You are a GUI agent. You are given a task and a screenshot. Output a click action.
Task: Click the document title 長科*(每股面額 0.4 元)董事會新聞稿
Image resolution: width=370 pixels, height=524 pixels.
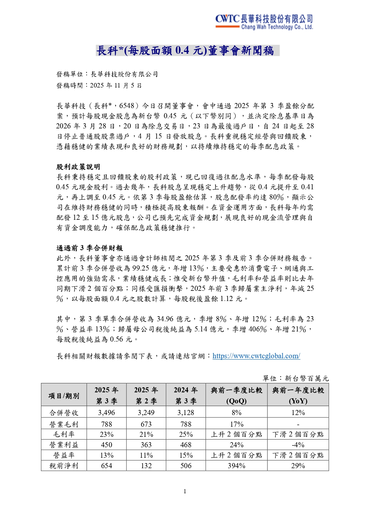[187, 50]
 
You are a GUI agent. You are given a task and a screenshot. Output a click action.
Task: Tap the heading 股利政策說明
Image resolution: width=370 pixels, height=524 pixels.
[78, 167]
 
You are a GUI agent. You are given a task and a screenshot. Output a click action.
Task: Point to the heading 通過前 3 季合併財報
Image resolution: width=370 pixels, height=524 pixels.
[90, 248]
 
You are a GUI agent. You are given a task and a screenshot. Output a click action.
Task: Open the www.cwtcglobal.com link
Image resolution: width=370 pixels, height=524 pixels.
[256, 356]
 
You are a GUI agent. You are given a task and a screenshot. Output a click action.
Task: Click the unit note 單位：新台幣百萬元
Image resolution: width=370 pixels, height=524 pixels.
[295, 379]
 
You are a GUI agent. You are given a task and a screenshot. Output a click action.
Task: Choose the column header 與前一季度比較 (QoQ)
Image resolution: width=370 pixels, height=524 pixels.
[236, 395]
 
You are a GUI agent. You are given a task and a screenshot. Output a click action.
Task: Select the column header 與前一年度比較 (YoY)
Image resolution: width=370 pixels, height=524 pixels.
[298, 395]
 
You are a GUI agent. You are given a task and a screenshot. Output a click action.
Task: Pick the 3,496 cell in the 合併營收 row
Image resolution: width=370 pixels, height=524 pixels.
[106, 413]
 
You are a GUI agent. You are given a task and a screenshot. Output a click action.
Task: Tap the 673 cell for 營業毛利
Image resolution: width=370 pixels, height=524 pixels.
[146, 424]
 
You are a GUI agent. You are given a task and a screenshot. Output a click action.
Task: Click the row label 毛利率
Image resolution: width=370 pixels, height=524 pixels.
[64, 434]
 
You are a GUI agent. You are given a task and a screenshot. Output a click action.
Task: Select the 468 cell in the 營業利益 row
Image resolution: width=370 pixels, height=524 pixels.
[186, 445]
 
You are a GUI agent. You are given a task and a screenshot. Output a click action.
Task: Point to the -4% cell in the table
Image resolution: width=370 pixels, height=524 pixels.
[298, 445]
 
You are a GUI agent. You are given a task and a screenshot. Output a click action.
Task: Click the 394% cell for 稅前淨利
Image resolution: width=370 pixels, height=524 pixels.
[236, 466]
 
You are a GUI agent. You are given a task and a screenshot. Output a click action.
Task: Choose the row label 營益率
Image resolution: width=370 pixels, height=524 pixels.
[64, 455]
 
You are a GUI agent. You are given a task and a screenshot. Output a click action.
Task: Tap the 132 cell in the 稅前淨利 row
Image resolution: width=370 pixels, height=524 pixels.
[146, 466]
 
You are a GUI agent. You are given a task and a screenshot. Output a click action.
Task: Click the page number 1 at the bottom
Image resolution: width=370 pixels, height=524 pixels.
[185, 491]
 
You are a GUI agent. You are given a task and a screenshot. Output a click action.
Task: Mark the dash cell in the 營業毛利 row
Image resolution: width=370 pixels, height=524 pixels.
[298, 424]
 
